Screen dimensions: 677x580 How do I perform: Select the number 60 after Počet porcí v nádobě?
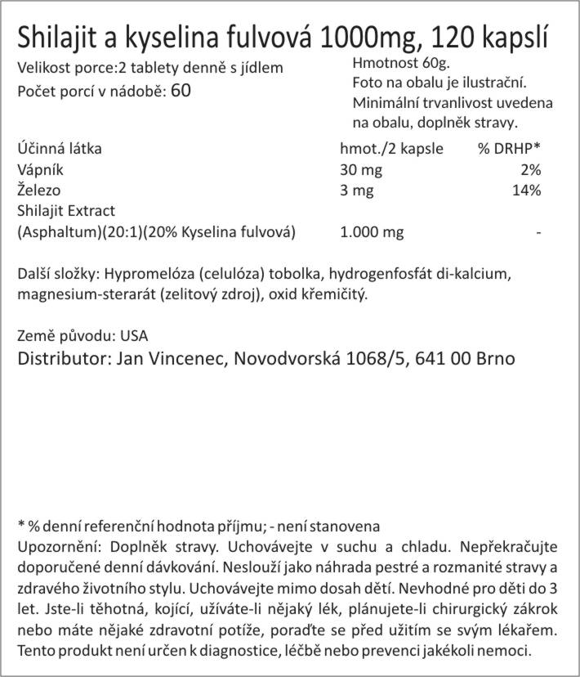point(181,91)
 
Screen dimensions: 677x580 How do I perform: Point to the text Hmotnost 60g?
point(400,64)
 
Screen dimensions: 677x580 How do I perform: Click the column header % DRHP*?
point(509,149)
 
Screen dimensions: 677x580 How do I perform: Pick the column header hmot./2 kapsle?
point(390,149)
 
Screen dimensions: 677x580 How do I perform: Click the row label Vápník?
point(40,170)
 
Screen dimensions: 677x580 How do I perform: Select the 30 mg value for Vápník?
point(361,170)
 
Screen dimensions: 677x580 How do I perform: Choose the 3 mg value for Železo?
point(357,191)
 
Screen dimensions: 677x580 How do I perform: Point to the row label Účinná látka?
point(59,149)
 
